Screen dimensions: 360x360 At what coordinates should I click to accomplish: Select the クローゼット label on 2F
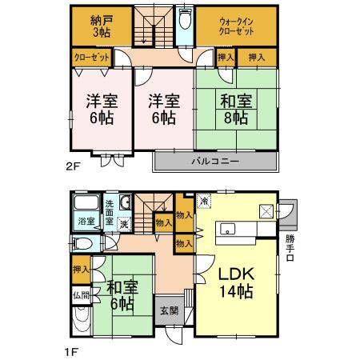[90, 58]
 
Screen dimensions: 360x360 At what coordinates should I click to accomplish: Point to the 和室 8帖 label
[236, 108]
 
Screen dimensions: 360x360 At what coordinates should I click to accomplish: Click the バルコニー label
[214, 161]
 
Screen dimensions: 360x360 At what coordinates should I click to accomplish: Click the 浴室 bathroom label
[85, 221]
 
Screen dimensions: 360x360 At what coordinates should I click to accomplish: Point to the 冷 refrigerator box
[203, 202]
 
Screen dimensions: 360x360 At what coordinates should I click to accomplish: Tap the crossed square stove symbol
[266, 211]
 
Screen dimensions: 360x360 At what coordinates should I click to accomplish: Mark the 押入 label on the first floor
[79, 270]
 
